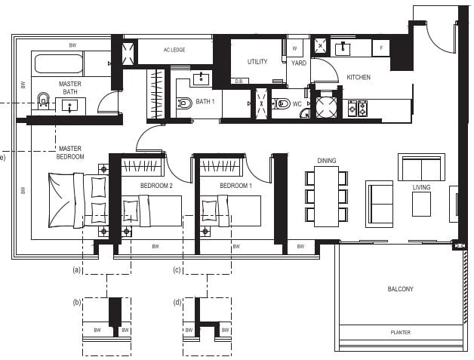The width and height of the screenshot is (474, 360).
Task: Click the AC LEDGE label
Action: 174,50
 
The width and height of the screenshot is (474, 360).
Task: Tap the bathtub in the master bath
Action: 58,64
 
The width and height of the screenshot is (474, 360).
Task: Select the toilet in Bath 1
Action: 185,103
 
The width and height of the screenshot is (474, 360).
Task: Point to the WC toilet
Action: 281,103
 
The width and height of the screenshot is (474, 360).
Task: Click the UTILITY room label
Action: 257,62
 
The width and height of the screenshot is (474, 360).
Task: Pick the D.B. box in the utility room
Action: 240,81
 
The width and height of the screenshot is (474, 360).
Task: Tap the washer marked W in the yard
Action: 294,48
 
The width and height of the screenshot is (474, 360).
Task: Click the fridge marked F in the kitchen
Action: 381,48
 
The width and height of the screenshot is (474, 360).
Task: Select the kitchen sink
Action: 343,48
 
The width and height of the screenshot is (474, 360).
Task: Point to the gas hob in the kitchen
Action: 358,109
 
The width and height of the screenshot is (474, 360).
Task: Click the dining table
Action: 327,196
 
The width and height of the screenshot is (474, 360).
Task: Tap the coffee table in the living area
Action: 421,204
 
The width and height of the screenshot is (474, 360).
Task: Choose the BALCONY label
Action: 400,289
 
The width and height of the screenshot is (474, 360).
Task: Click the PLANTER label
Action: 401,333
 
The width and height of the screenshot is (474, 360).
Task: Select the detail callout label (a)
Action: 77,269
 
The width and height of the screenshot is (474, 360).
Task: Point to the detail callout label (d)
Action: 177,303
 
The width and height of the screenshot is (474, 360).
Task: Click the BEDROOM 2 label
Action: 156,186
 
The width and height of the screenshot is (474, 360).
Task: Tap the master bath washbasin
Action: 70,106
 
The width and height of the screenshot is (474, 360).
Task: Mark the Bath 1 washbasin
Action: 201,78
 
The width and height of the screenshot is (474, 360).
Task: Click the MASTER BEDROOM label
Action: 70,152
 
